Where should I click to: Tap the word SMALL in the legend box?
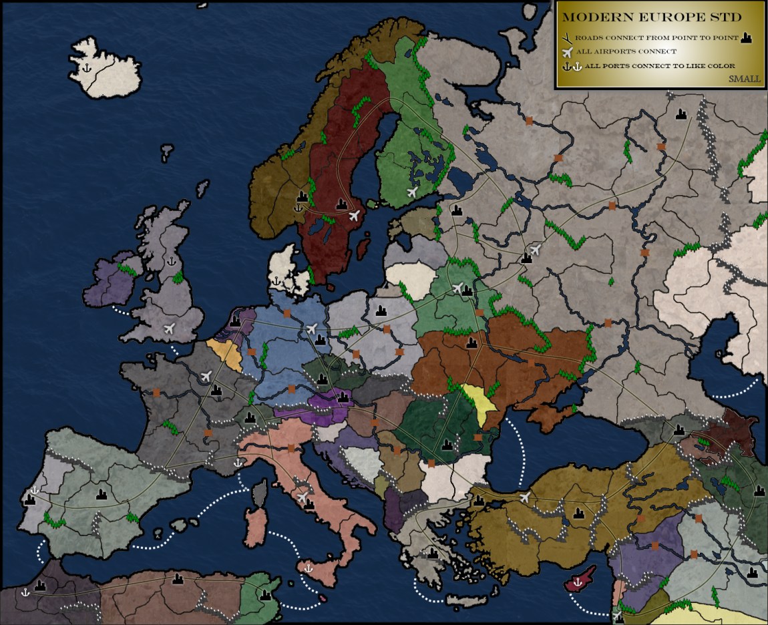744,79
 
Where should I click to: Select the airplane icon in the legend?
568,51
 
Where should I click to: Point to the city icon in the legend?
746,38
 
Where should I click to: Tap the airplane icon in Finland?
412,192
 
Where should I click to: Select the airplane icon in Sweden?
355,215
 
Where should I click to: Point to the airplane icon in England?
169,328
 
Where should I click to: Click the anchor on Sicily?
309,568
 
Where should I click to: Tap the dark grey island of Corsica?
259,495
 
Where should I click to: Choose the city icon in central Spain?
102,495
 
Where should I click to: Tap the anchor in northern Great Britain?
170,260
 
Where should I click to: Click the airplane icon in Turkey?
525,497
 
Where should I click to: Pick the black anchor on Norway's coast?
298,208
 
